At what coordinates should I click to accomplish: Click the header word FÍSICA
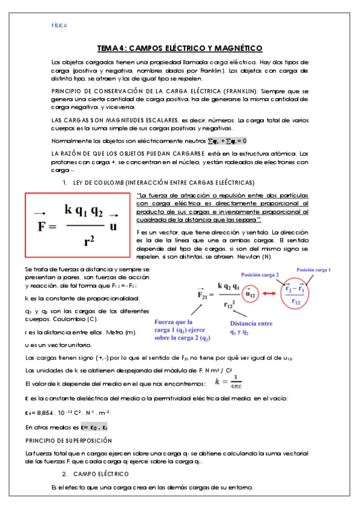(x=59, y=26)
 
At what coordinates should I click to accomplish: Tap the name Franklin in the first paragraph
(x=211, y=71)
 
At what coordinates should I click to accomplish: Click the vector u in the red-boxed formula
(x=113, y=226)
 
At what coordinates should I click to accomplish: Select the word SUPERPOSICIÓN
(x=88, y=441)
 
